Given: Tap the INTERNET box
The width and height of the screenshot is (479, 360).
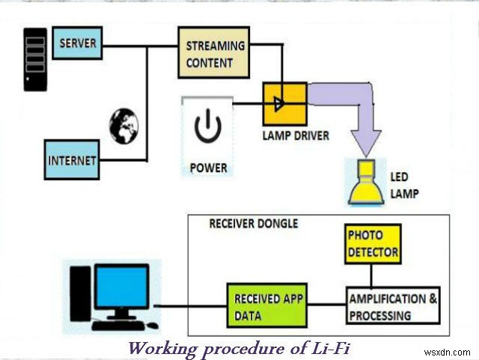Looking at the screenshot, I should [72, 159].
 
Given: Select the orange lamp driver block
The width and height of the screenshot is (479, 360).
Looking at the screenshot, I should [284, 103].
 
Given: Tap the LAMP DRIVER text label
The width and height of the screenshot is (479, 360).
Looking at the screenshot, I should [296, 136].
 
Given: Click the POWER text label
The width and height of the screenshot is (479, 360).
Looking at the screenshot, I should [208, 167].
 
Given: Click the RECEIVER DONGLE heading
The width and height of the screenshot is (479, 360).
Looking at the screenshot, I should [253, 222].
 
